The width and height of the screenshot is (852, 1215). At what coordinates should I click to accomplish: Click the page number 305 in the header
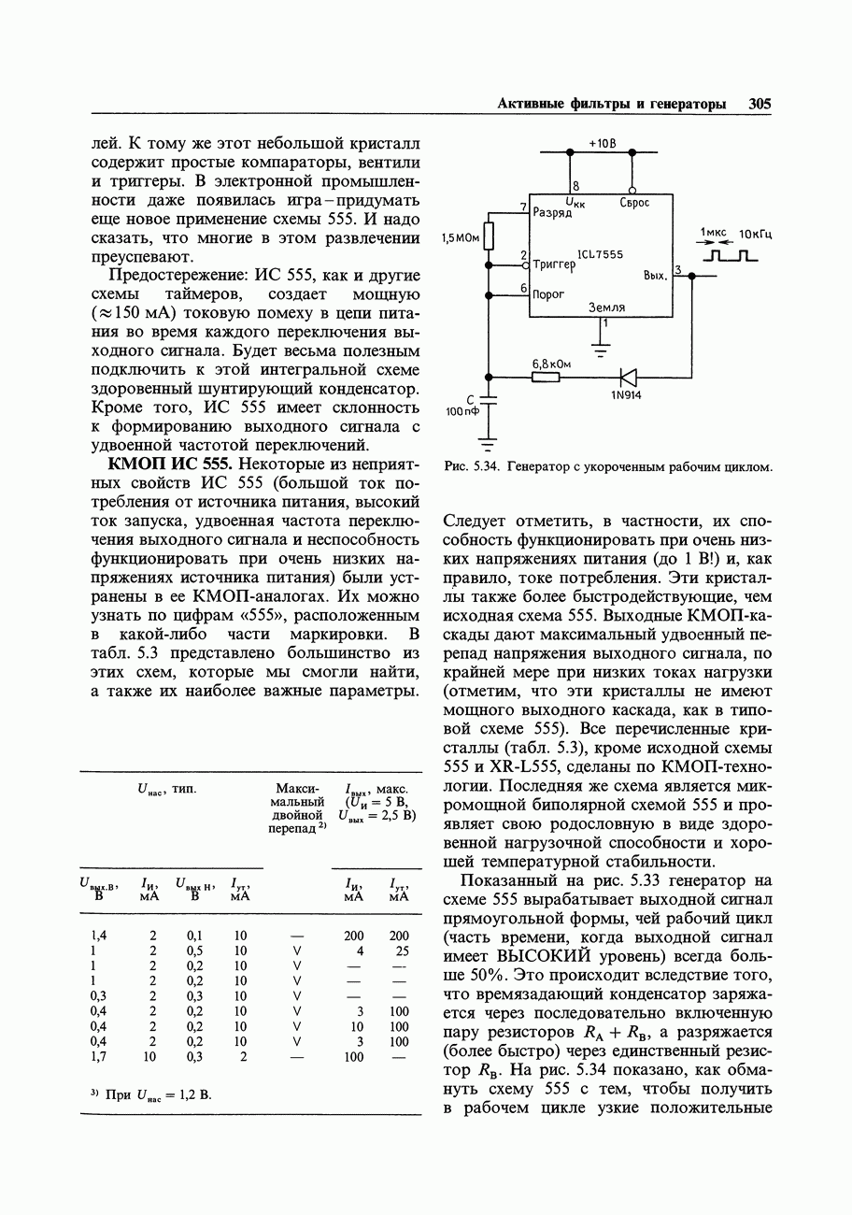tap(760, 105)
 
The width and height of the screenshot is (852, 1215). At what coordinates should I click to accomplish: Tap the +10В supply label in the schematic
tap(603, 144)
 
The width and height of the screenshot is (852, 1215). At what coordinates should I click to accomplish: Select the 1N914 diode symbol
tap(628, 377)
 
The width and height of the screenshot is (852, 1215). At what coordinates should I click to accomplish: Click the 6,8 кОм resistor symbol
tap(546, 377)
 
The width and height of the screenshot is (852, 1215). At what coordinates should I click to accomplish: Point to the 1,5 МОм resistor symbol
tap(489, 237)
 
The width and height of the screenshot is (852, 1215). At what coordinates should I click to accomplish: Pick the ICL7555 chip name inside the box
tap(600, 254)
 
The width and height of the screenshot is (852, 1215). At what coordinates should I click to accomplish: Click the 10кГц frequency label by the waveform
tap(755, 234)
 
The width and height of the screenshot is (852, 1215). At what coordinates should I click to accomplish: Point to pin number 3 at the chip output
tap(678, 270)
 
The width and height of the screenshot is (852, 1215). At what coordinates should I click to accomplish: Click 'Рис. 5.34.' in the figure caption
tap(472, 465)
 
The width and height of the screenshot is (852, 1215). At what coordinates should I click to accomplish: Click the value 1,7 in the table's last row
tap(98, 1057)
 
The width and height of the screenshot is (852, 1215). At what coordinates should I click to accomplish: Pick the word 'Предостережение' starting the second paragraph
tap(172, 277)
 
